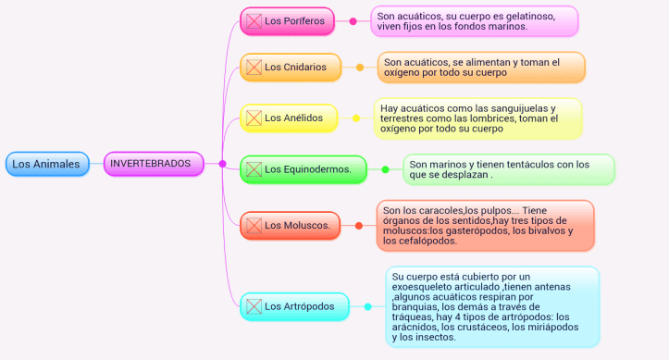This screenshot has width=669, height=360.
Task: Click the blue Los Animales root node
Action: [x=46, y=165]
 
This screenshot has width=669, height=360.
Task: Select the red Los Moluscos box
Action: [x=290, y=225]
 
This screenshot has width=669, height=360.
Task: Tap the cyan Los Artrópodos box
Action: [x=294, y=306]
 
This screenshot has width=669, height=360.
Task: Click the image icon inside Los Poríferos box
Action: [x=253, y=21]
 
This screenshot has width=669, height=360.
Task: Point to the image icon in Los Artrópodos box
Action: [x=253, y=306]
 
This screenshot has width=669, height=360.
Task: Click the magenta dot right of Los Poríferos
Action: [x=353, y=21]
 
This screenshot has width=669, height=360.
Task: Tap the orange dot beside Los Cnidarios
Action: [x=360, y=67]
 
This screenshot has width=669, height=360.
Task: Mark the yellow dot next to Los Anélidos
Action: [x=356, y=118]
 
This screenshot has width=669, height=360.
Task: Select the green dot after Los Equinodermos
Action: [x=386, y=169]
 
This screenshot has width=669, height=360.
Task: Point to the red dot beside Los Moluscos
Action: [x=359, y=225]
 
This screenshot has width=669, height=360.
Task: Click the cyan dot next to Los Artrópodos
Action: [x=367, y=306]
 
